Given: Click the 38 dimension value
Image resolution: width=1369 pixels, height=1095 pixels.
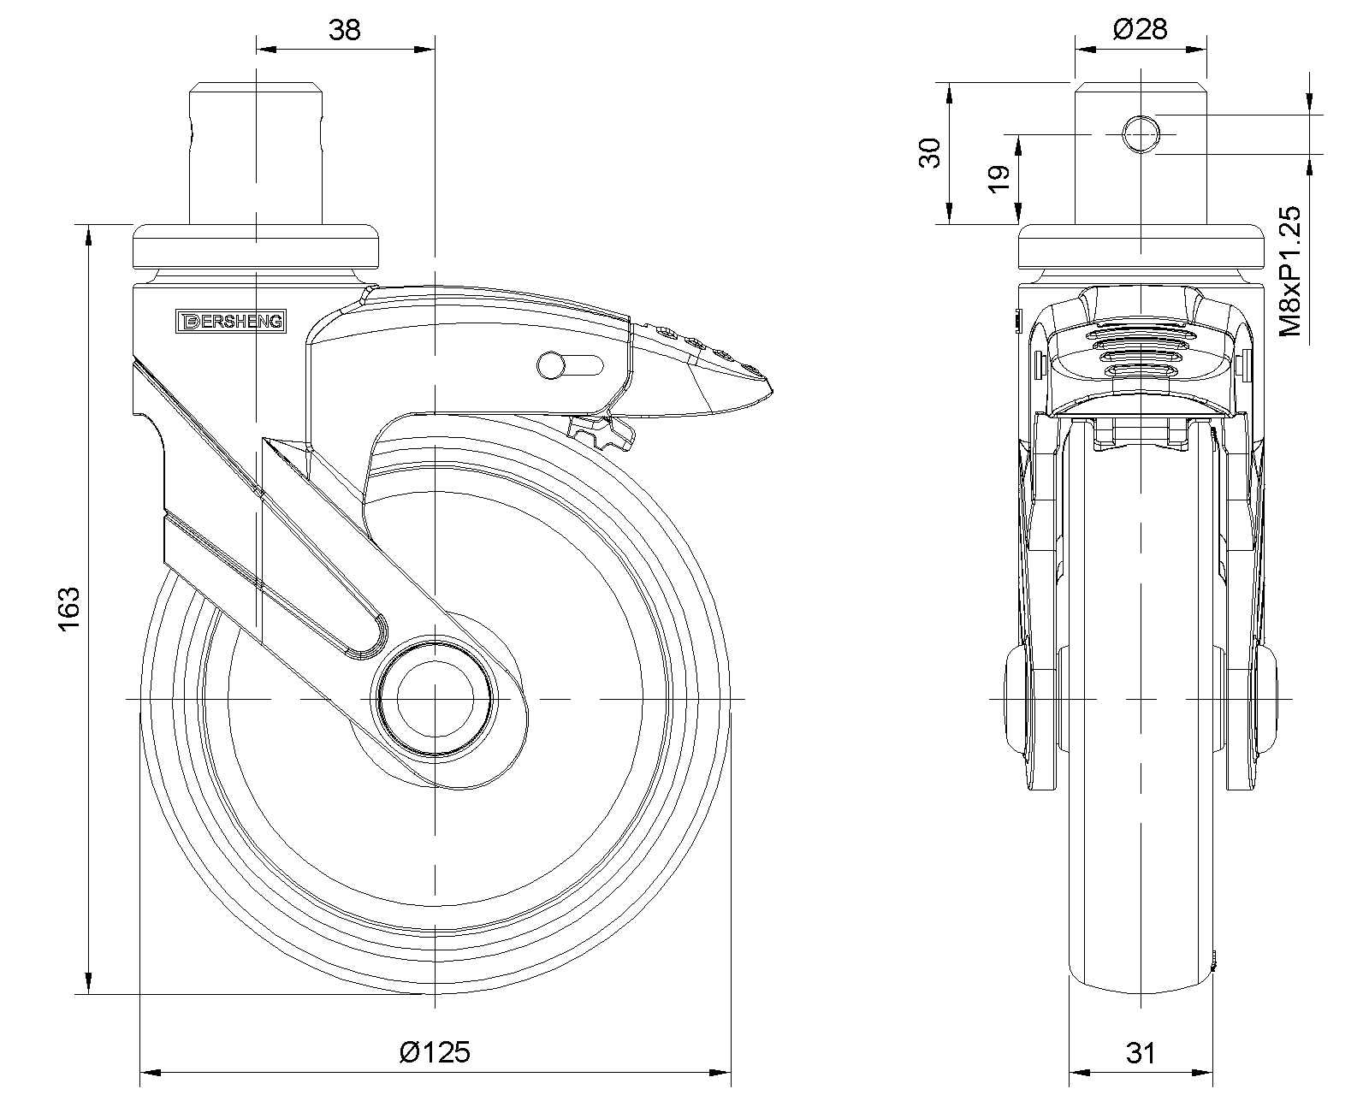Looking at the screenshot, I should pyautogui.click(x=345, y=30).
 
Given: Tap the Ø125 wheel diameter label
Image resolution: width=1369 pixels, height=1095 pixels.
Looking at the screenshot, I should pyautogui.click(x=435, y=1051).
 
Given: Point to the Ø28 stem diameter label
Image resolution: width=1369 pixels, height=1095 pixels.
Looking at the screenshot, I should pyautogui.click(x=1140, y=30).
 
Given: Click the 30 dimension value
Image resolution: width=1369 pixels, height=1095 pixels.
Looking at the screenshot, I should pyautogui.click(x=929, y=153).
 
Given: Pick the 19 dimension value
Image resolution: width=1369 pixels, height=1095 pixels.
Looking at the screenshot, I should pyautogui.click(x=999, y=178).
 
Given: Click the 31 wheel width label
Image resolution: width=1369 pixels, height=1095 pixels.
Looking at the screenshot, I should pyautogui.click(x=1141, y=1052).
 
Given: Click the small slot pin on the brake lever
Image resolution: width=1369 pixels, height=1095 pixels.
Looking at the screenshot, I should pyautogui.click(x=550, y=365).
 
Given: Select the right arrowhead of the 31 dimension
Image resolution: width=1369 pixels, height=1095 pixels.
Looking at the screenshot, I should pyautogui.click(x=1204, y=1073).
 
